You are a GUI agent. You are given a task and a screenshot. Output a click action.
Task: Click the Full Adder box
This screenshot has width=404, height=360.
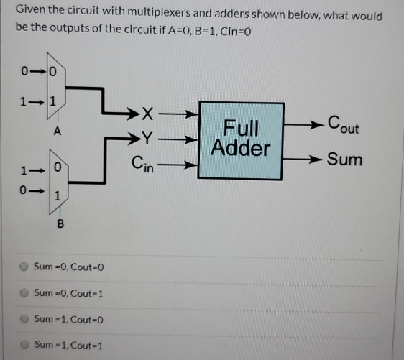[x=240, y=140]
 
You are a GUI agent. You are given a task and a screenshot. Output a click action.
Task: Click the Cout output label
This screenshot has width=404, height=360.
[x=342, y=125]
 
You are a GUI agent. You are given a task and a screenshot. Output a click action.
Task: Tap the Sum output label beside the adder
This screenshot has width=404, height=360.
[x=344, y=159]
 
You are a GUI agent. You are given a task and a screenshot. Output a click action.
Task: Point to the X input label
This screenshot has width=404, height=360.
[x=148, y=114]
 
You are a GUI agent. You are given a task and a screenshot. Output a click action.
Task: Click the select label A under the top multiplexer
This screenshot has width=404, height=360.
[x=56, y=132]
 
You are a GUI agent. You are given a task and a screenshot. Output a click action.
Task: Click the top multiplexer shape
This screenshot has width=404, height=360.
[x=56, y=87]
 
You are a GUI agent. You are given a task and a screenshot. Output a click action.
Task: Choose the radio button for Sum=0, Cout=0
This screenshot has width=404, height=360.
[x=24, y=267]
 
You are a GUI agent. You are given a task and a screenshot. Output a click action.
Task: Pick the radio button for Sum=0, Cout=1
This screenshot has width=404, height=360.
[x=24, y=293]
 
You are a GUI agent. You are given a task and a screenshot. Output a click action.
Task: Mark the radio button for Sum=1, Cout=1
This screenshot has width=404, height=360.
[x=24, y=345]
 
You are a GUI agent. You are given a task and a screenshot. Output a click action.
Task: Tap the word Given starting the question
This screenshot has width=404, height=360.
[x=31, y=16]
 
